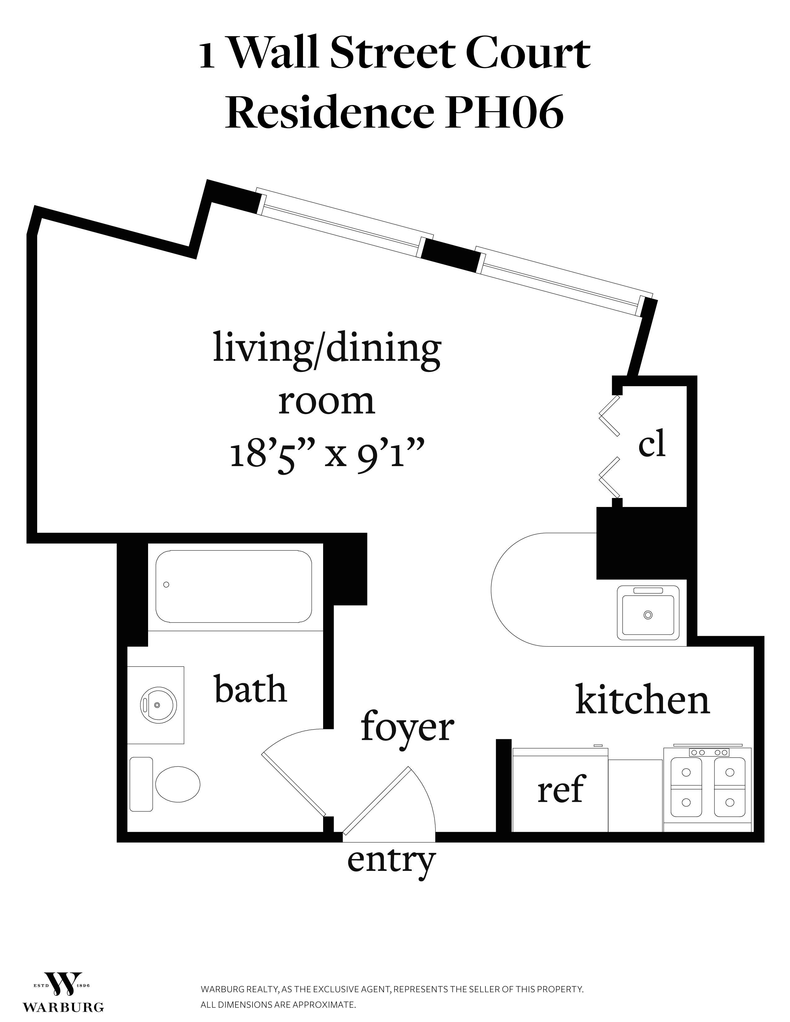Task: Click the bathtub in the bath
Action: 234,586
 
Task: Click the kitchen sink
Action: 648,613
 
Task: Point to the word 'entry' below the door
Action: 391,862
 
